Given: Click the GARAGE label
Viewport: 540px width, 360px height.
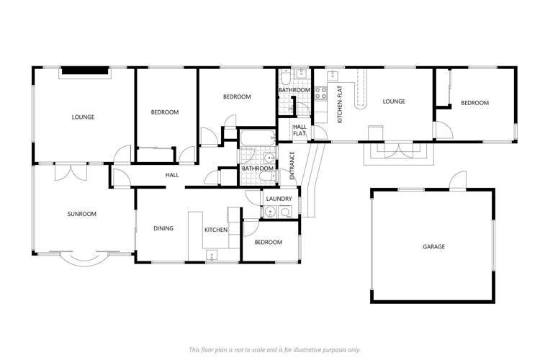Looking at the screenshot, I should coord(433,246).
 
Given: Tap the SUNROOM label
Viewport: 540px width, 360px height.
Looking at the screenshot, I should coord(82,214).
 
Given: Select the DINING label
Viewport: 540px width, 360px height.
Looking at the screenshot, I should coord(163,228).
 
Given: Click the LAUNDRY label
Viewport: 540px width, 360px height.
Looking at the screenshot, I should coord(279,199).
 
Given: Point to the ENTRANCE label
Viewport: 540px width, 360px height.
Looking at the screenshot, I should coord(292,165).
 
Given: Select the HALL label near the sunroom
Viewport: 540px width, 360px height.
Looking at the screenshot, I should coord(172,175).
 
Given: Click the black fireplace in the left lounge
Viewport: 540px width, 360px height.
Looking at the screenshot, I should coord(84,71).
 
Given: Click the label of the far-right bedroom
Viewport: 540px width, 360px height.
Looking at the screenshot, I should coord(474,103).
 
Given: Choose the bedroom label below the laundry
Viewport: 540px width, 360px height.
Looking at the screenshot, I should coord(269,242).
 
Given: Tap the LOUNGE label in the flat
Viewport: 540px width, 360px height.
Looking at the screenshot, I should coord(394,102).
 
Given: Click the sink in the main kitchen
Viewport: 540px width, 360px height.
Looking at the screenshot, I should coord(212,255).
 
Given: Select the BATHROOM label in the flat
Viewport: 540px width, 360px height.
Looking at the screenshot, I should coord(294,90).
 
